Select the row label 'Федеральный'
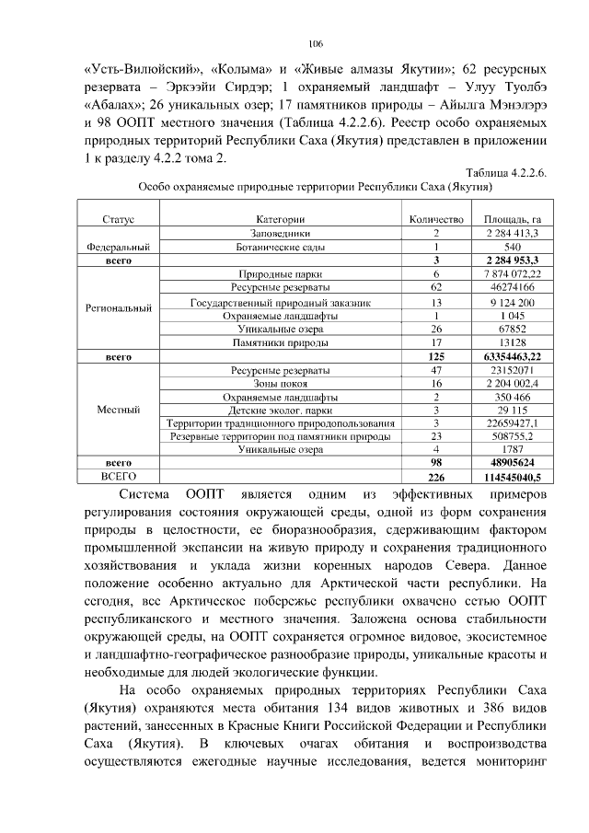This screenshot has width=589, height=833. click(x=118, y=248)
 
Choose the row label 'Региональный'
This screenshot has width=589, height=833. click(x=118, y=307)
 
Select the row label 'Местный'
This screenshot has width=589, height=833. click(x=118, y=410)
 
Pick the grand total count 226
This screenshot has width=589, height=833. click(x=435, y=478)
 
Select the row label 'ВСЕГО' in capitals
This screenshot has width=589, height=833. click(x=118, y=477)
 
